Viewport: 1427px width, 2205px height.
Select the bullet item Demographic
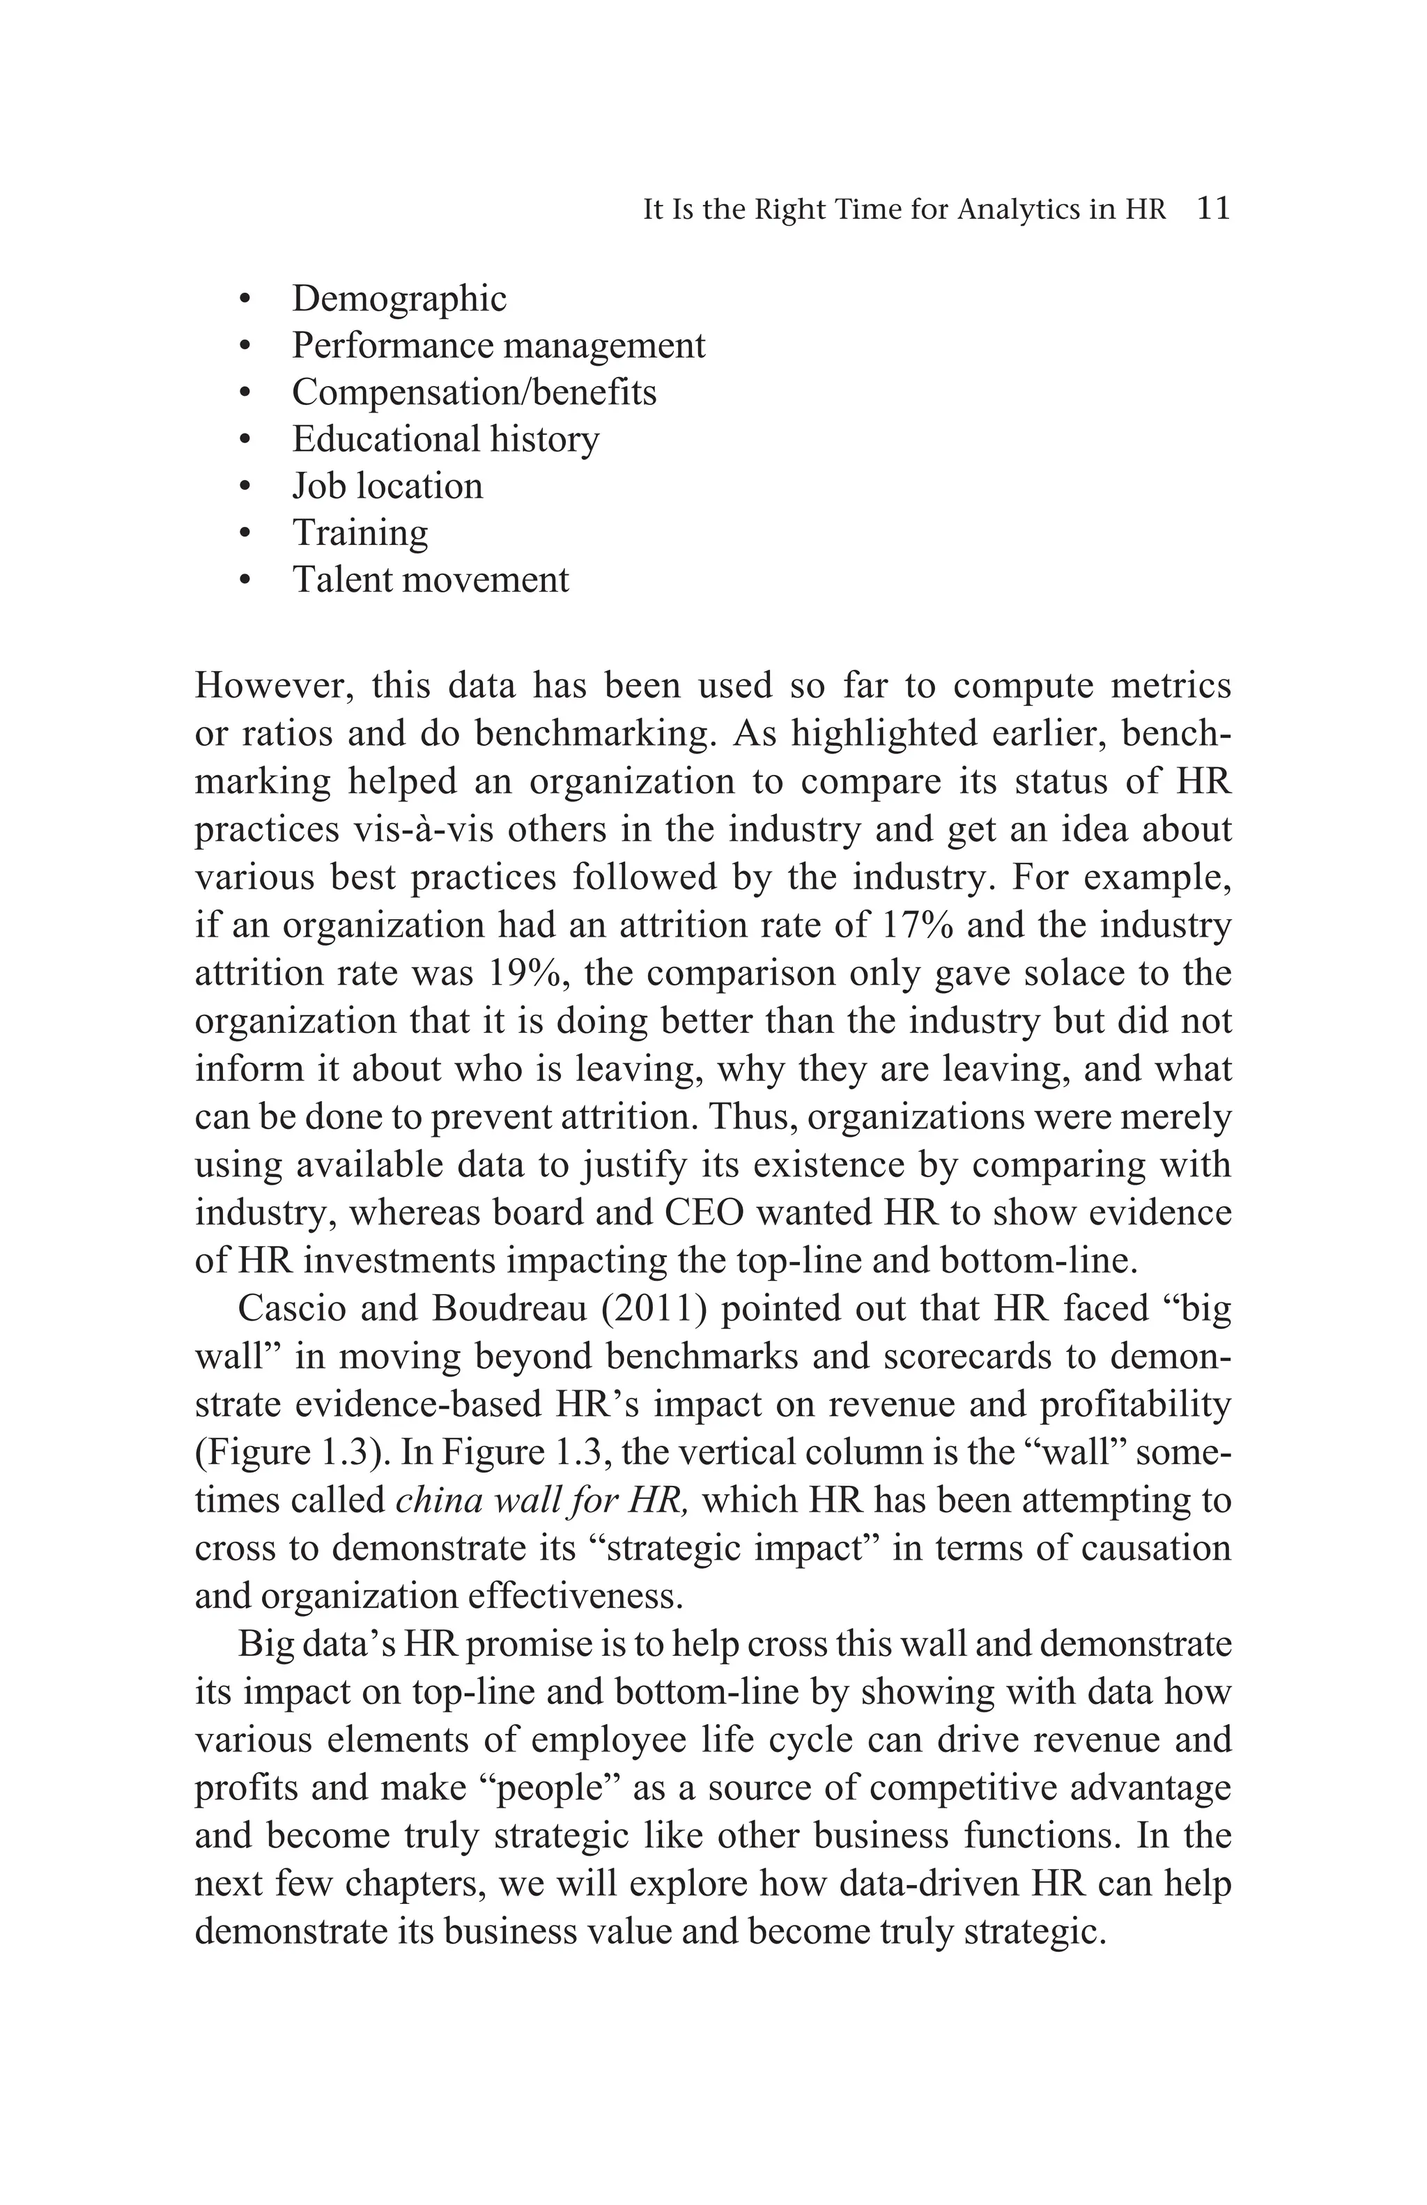(x=399, y=298)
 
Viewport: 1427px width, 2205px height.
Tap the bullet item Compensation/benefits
(x=474, y=392)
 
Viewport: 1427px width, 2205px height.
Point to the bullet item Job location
(x=387, y=486)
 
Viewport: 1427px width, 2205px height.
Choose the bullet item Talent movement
(x=431, y=579)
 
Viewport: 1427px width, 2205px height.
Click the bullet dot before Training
(x=245, y=534)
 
